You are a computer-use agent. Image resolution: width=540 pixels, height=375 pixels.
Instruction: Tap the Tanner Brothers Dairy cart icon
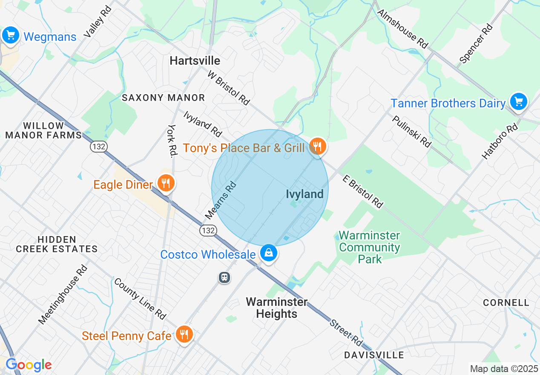click(x=518, y=101)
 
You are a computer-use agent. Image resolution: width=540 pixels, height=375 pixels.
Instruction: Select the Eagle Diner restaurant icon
click(x=166, y=183)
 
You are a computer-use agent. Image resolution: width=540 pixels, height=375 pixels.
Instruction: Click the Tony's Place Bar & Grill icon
click(x=318, y=146)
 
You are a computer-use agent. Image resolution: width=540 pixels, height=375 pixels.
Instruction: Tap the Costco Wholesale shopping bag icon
click(x=269, y=253)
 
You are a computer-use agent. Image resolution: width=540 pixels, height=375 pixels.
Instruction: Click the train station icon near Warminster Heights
click(x=224, y=277)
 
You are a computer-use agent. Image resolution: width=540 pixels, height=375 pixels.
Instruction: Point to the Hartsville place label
click(x=195, y=61)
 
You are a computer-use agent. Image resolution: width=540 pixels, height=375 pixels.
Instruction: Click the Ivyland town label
click(x=304, y=194)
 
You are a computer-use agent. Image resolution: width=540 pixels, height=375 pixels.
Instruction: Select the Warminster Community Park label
click(x=370, y=247)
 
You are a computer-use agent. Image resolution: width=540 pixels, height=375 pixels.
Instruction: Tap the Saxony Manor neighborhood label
click(x=164, y=98)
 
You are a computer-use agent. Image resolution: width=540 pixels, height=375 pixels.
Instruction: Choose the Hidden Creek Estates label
click(x=57, y=244)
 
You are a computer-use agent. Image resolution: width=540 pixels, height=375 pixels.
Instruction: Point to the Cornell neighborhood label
click(x=506, y=303)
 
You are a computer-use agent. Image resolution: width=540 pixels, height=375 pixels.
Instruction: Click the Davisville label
click(x=374, y=355)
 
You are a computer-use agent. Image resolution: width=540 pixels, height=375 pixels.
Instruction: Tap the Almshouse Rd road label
click(x=402, y=29)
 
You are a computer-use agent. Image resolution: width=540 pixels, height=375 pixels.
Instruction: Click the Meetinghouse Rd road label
click(x=63, y=294)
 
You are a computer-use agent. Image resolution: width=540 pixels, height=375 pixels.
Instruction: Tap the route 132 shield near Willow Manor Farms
click(x=98, y=147)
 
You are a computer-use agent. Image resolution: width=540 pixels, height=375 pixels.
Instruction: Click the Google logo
click(x=28, y=365)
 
